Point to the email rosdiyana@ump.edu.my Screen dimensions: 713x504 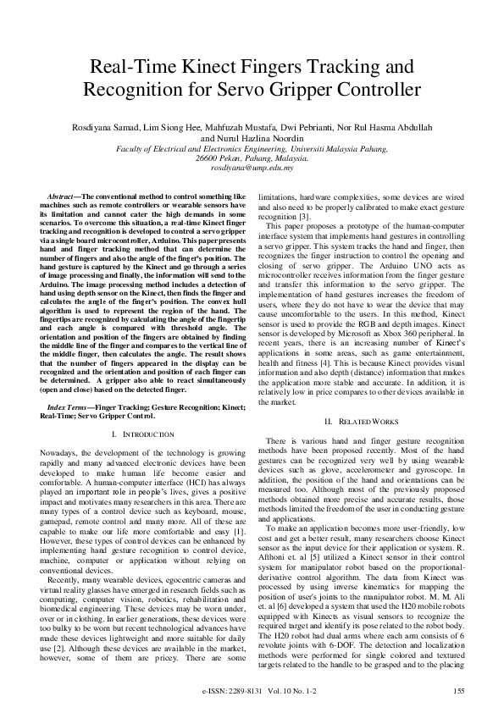pyautogui.click(x=252, y=167)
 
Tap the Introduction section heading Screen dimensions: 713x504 pyautogui.click(x=137, y=434)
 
